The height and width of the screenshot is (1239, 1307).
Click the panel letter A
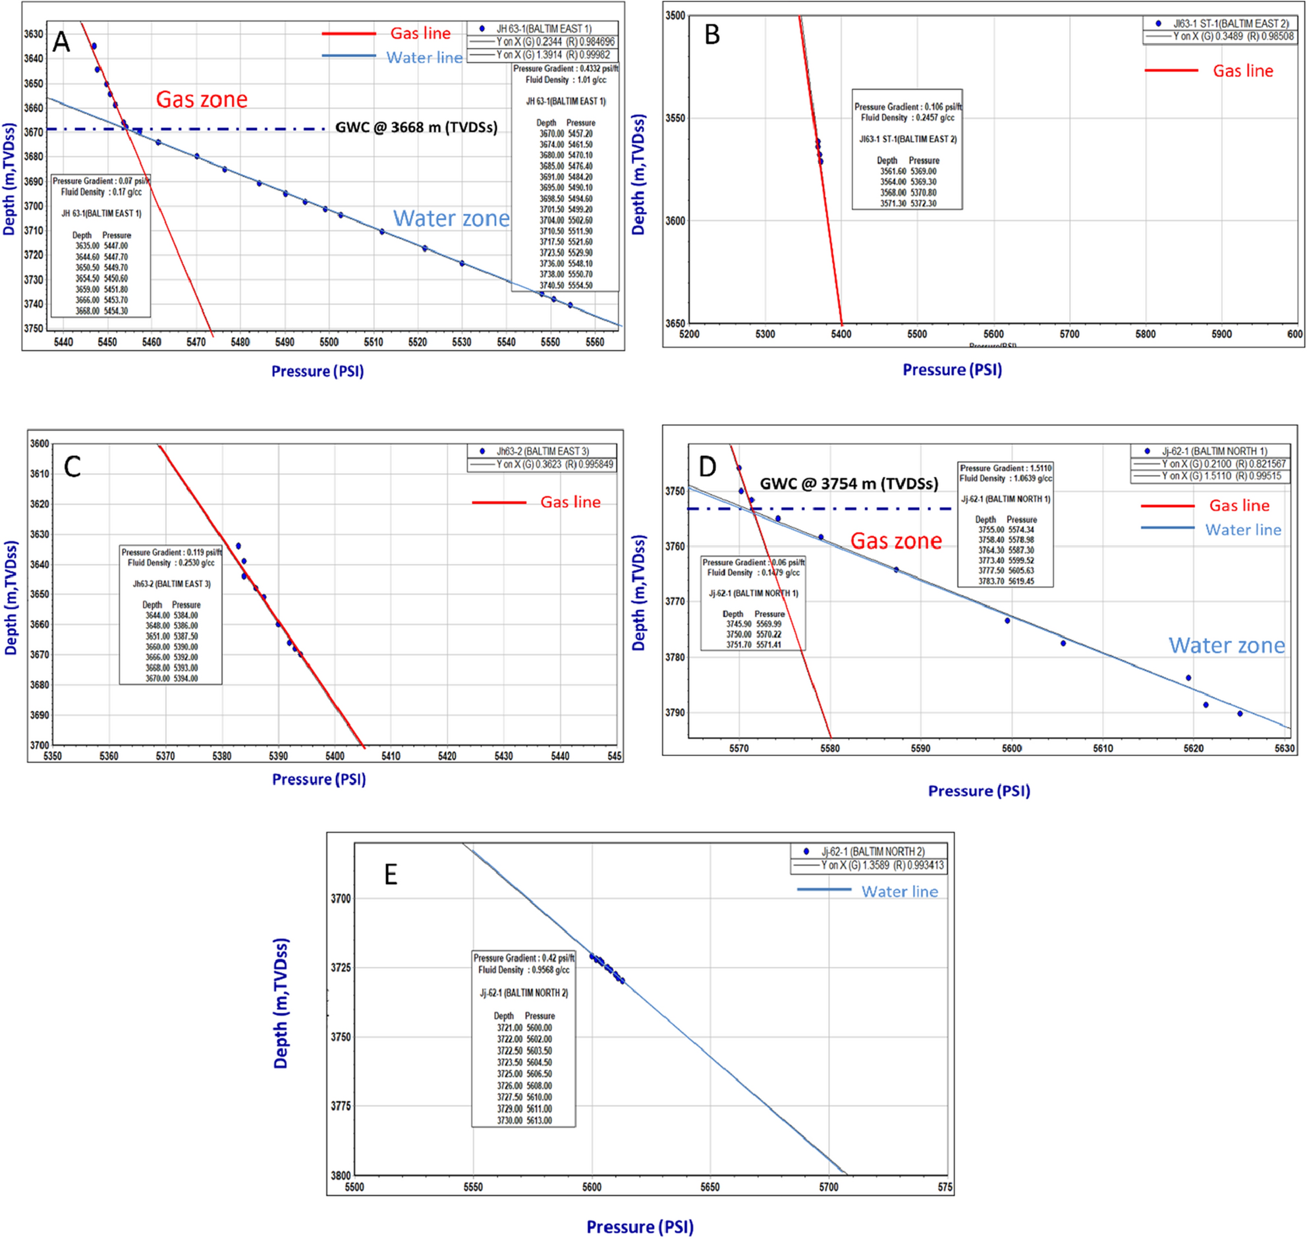tap(61, 42)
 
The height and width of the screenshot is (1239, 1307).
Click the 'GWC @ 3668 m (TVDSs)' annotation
tap(416, 128)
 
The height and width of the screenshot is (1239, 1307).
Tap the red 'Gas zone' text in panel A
tap(202, 99)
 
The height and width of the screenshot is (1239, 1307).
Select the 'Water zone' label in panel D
tap(1227, 646)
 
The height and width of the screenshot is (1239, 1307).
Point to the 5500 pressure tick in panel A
tap(329, 342)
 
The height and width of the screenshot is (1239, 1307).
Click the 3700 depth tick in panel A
tap(34, 206)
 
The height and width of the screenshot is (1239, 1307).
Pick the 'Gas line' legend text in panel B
tap(1242, 71)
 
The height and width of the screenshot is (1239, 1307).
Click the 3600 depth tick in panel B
tap(675, 221)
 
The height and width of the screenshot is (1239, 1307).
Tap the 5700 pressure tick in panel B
tap(1069, 334)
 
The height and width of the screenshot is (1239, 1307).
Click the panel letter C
tap(72, 467)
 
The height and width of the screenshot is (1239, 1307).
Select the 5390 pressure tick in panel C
tap(278, 756)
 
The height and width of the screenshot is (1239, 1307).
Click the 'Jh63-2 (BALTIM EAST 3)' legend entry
tap(542, 451)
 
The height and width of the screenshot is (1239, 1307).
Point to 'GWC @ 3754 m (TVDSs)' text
tap(848, 484)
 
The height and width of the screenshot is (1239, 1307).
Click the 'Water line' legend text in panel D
tap(1242, 530)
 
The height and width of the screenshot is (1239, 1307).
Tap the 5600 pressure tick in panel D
tap(1012, 748)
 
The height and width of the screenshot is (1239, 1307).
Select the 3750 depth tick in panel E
tap(341, 1037)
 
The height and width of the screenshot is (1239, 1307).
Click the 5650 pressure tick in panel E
tap(710, 1187)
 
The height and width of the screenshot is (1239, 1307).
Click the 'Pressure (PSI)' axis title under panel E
tap(639, 1226)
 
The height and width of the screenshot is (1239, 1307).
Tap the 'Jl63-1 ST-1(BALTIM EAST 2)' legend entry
tap(1230, 24)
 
